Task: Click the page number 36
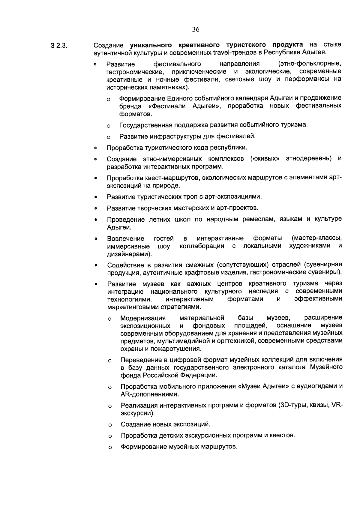coord(196,29)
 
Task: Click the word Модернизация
coord(143,318)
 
